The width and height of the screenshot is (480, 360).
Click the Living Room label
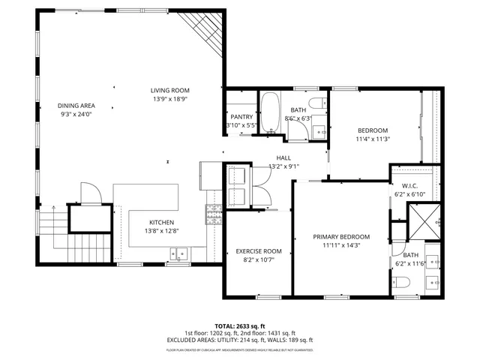tap(169, 90)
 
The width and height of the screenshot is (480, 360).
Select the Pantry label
tap(241, 116)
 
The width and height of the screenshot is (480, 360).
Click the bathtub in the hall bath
tap(270, 112)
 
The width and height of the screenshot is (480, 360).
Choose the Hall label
tap(283, 157)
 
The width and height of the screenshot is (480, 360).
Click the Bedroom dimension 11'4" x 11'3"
tap(372, 139)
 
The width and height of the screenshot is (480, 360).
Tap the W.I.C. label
tap(409, 186)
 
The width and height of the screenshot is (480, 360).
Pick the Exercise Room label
tap(258, 251)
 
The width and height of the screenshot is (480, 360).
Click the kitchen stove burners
tap(213, 215)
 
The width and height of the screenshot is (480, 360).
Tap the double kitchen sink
tap(178, 256)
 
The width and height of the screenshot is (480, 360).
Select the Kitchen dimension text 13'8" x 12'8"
tap(161, 231)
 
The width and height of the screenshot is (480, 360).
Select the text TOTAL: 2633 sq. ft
tap(240, 325)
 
